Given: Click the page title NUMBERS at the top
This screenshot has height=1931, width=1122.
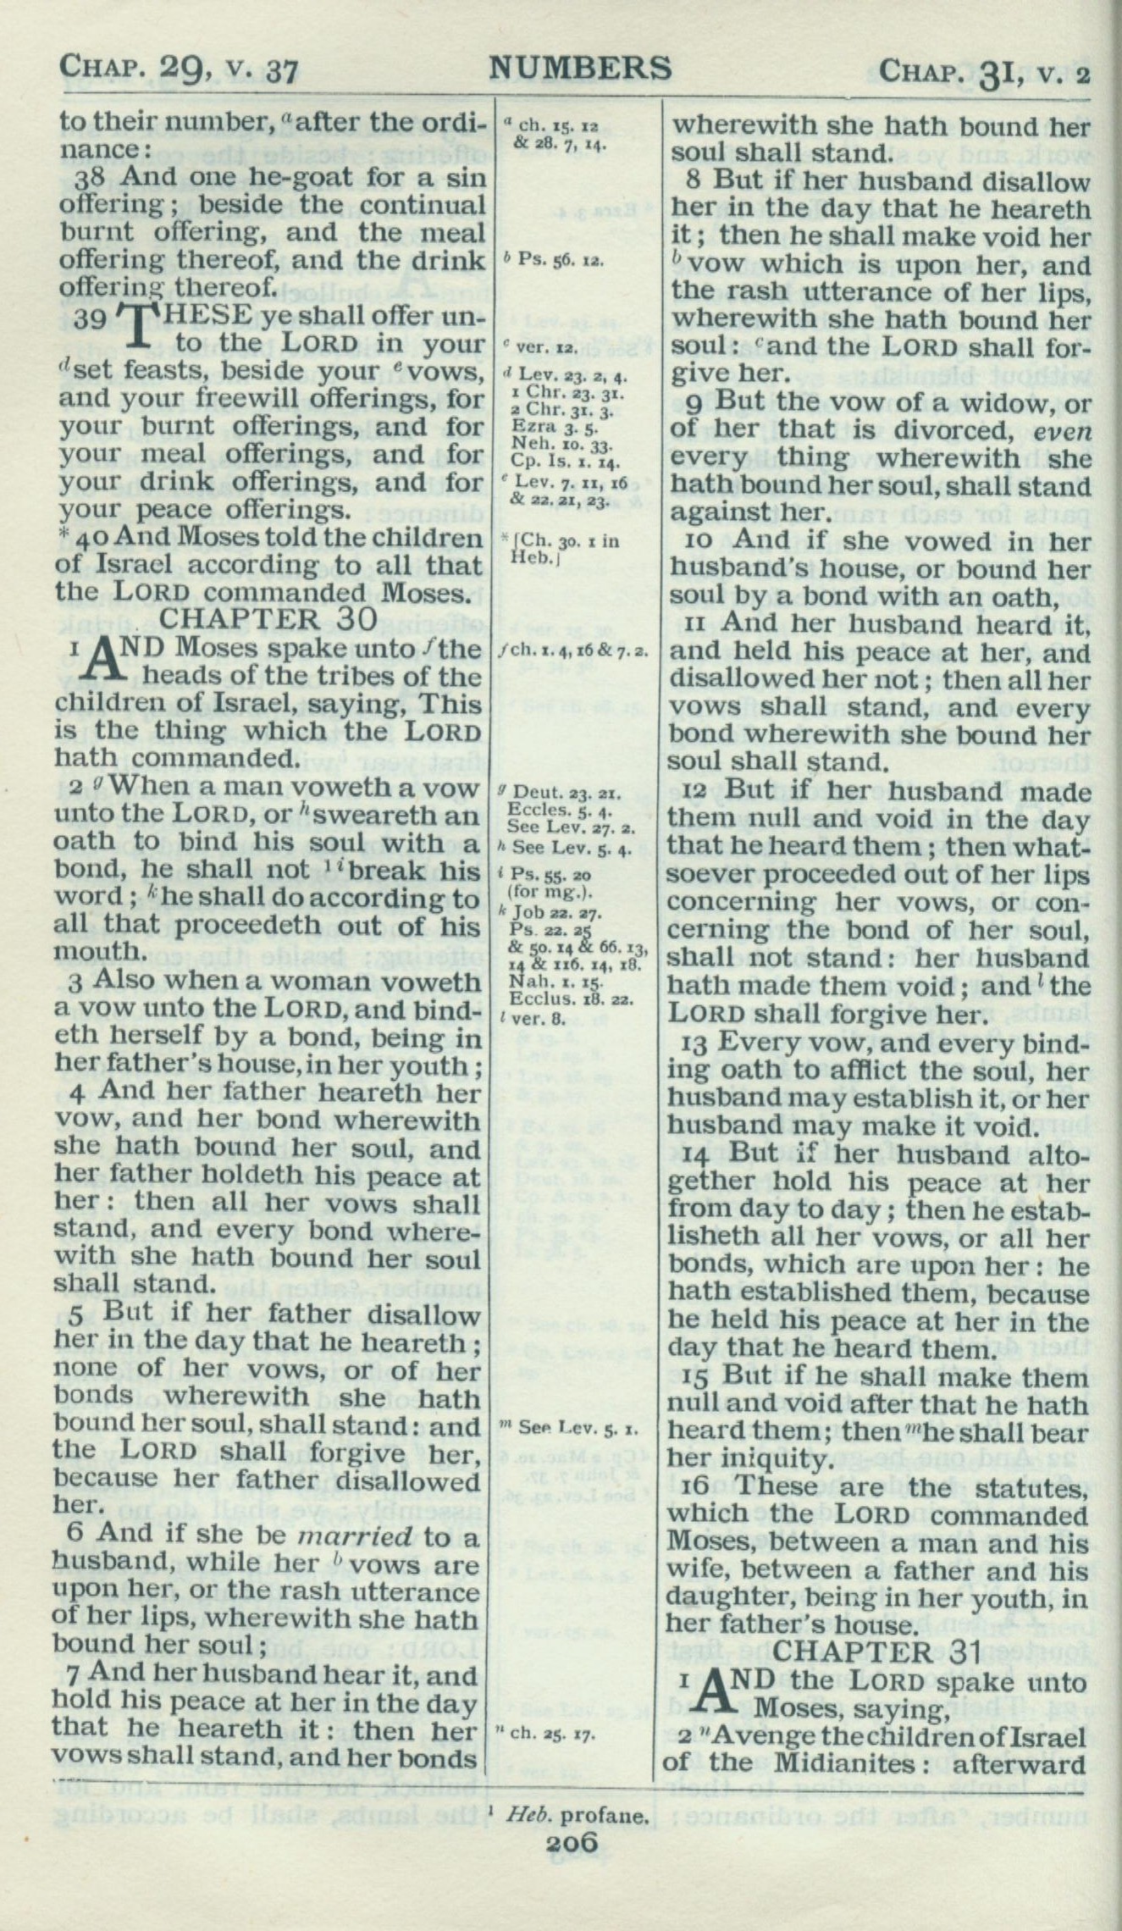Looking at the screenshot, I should pos(580,68).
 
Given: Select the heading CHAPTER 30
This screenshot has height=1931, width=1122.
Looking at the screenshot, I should pos(268,618).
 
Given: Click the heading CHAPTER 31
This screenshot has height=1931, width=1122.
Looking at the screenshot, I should pos(876,1651).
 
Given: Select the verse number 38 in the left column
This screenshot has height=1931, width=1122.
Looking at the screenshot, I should pos(90,179).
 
